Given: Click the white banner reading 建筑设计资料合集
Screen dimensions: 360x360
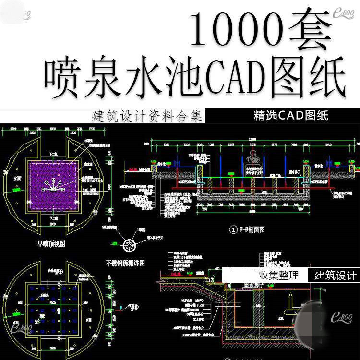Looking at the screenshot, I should [147, 117].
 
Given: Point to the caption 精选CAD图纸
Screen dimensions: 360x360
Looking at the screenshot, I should [291, 116].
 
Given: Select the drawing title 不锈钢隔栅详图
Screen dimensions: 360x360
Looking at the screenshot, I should [125, 263].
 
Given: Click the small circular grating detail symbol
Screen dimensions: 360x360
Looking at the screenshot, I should [129, 245].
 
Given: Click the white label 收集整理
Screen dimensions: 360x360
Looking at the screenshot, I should [279, 276].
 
